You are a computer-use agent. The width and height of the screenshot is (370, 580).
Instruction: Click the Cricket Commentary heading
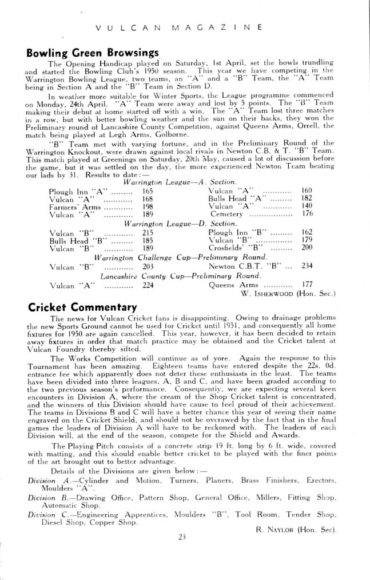pyautogui.click(x=82, y=306)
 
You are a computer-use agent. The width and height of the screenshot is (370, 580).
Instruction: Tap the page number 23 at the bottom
pyautogui.click(x=182, y=553)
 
